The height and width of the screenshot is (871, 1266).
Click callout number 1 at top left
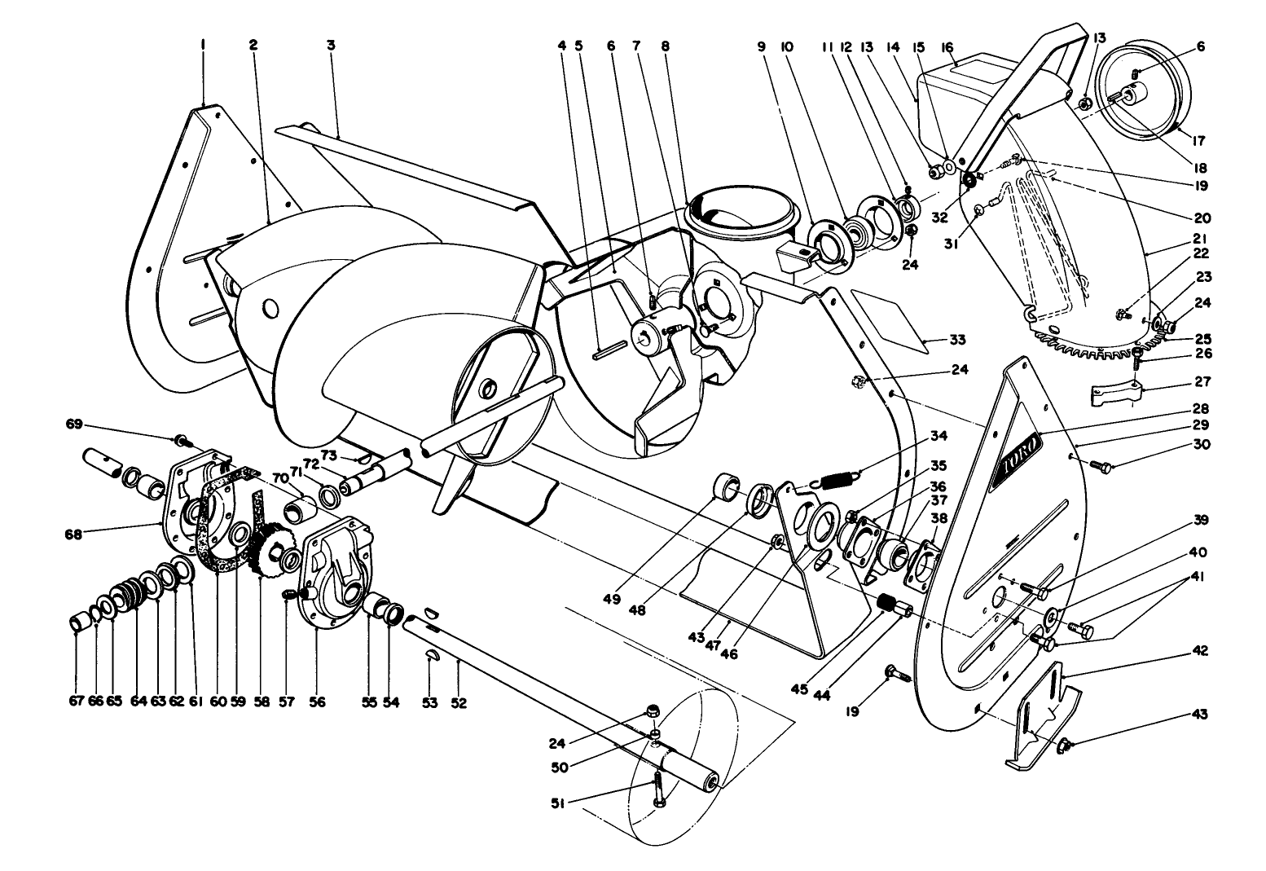click(202, 47)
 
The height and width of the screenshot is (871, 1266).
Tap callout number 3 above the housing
click(331, 46)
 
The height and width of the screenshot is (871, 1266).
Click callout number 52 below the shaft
click(459, 702)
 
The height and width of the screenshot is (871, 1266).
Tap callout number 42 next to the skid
click(1201, 651)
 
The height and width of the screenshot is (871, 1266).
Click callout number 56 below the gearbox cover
click(317, 702)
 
